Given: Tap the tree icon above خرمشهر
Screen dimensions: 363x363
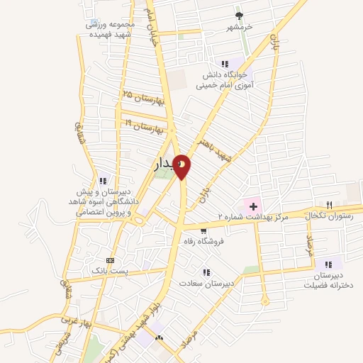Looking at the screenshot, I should (240, 16).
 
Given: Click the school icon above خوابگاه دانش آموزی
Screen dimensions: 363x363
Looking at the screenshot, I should (225, 64).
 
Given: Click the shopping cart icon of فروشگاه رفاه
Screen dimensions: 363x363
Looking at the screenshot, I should (204, 230).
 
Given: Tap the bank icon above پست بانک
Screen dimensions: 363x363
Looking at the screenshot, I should (109, 259).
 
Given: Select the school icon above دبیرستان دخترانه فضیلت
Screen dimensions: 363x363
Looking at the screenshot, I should (328, 264).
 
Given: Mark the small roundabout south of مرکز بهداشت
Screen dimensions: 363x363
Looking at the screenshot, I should (265, 301).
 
